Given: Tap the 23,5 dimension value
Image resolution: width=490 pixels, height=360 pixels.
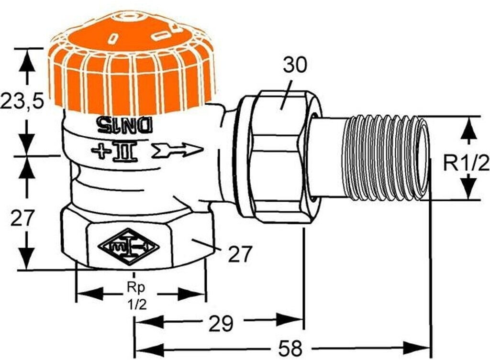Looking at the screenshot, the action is pyautogui.click(x=22, y=101).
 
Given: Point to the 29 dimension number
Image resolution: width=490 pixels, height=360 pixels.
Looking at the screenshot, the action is pyautogui.click(x=221, y=324).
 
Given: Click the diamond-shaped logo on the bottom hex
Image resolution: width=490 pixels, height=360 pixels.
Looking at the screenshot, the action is pyautogui.click(x=128, y=247).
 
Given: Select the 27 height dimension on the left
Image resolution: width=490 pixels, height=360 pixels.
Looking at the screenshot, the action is pyautogui.click(x=23, y=218).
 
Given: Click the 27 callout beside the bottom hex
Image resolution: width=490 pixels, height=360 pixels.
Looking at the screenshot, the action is pyautogui.click(x=239, y=254).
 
